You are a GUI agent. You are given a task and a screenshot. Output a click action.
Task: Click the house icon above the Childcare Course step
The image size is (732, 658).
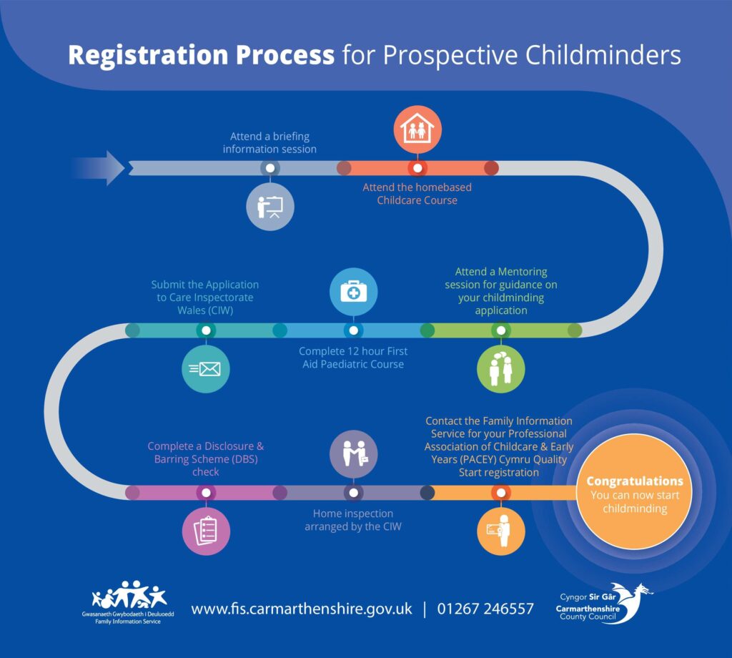pyautogui.click(x=417, y=130)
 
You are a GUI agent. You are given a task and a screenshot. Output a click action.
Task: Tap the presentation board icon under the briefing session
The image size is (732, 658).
pyautogui.click(x=269, y=207)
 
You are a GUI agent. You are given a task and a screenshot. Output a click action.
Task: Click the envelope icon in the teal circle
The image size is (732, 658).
pyautogui.click(x=206, y=369)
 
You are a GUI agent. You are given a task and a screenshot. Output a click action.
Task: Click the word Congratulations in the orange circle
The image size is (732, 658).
pyautogui.click(x=635, y=481)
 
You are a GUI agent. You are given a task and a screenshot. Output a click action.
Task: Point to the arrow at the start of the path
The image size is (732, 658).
pyautogui.click(x=99, y=168)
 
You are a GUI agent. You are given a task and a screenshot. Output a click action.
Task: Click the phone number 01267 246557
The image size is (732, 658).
pyautogui.click(x=485, y=609)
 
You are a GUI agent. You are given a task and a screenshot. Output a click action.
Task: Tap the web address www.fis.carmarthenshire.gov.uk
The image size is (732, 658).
pyautogui.click(x=301, y=609)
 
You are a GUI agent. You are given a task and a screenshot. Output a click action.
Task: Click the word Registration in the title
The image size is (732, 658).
pyautogui.click(x=201, y=55)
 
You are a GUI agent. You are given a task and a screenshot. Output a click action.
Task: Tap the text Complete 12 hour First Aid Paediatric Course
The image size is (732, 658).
pyautogui.click(x=353, y=358)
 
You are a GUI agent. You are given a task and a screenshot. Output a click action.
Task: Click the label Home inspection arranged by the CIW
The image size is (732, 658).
pyautogui.click(x=353, y=520)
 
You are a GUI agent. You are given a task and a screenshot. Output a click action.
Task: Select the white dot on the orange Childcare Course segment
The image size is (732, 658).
pyautogui.click(x=417, y=169)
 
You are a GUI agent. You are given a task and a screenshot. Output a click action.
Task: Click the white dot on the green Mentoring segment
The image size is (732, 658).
pyautogui.click(x=500, y=330)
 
